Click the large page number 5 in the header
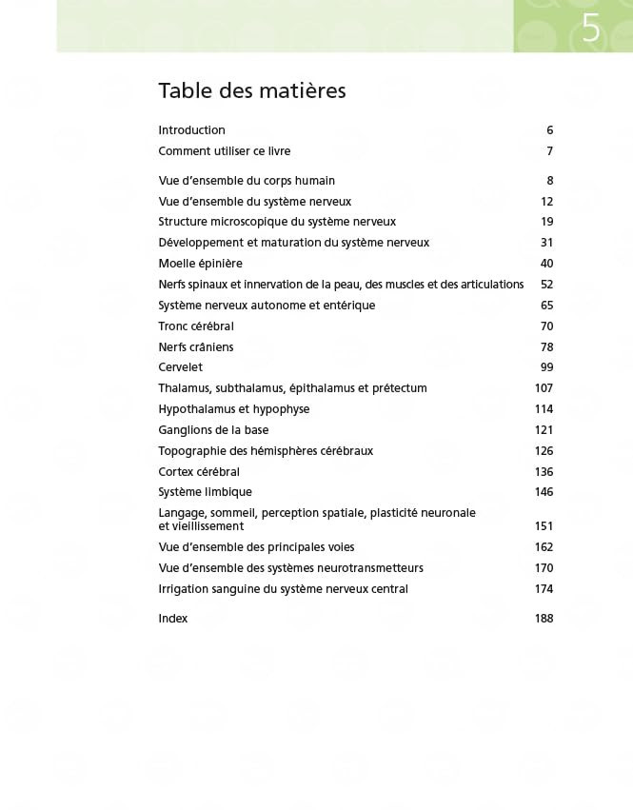click(x=591, y=29)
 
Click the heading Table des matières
click(x=251, y=90)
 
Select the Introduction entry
click(x=191, y=130)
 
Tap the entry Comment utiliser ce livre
click(x=224, y=151)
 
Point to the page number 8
click(x=549, y=181)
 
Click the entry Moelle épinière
click(x=200, y=264)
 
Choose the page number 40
click(x=546, y=264)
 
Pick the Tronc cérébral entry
click(x=195, y=326)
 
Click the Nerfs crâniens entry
click(x=195, y=347)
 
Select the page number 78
click(x=546, y=347)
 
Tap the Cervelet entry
click(x=180, y=367)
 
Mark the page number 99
click(x=546, y=367)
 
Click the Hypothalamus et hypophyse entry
click(x=233, y=409)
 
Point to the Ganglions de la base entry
click(x=213, y=430)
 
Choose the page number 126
click(x=544, y=451)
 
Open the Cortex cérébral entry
click(x=198, y=472)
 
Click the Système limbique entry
click(x=205, y=492)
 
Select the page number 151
click(x=544, y=526)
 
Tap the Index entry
click(x=172, y=619)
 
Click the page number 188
click(x=544, y=619)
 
